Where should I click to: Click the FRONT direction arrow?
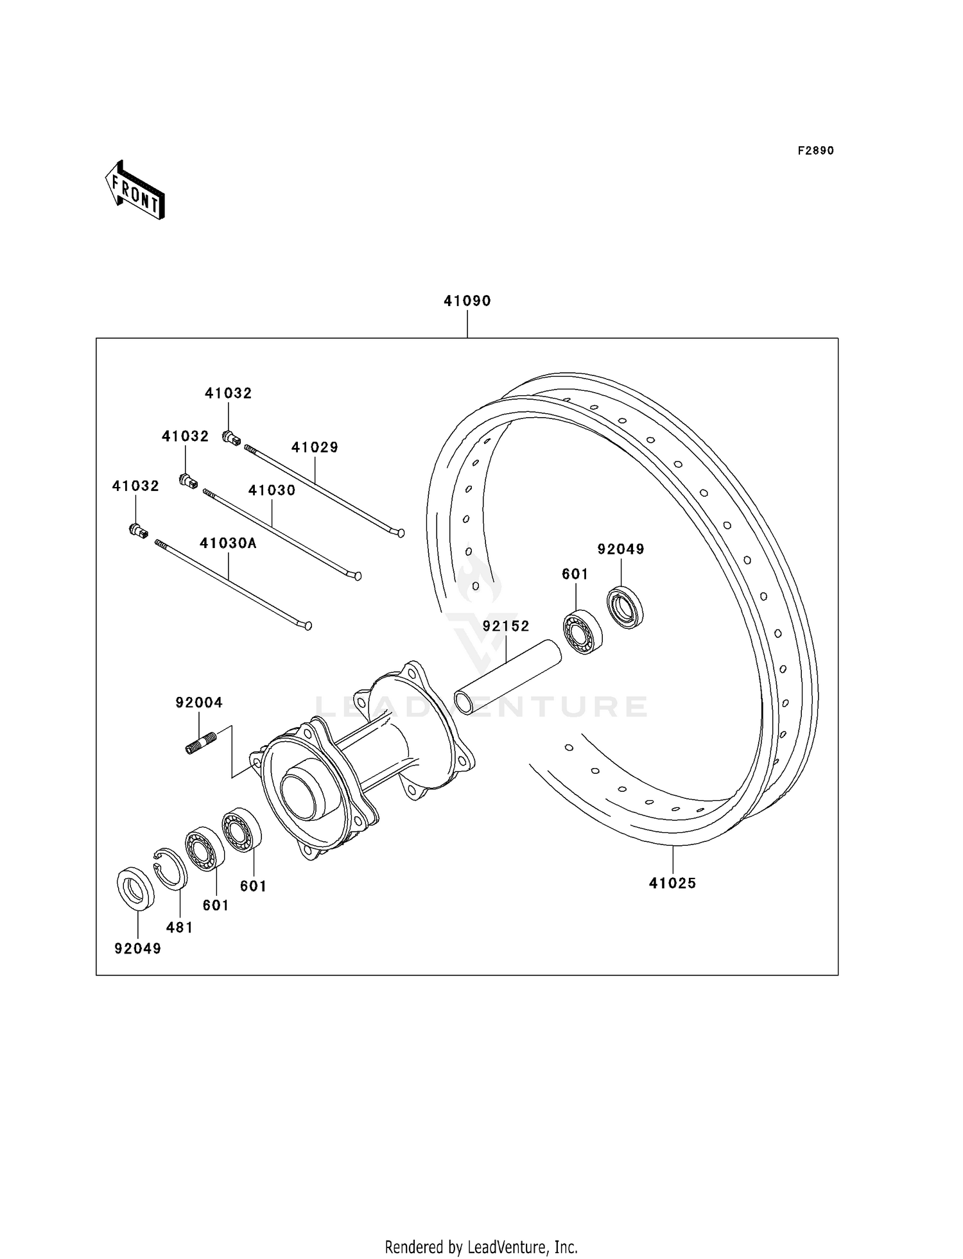click(135, 191)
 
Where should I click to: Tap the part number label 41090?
click(467, 301)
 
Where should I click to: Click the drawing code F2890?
click(815, 151)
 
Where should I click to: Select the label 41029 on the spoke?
click(315, 447)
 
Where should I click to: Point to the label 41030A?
click(228, 544)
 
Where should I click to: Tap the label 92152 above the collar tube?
click(506, 626)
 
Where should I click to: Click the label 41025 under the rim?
click(672, 883)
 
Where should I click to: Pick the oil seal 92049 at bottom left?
click(135, 888)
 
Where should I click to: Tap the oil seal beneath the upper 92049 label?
click(625, 607)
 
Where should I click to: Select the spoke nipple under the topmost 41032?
click(231, 438)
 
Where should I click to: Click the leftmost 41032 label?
click(135, 486)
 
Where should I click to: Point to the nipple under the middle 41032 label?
click(188, 481)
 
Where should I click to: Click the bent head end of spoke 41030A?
click(307, 624)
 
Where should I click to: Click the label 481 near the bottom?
click(179, 927)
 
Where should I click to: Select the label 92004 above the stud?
click(199, 703)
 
